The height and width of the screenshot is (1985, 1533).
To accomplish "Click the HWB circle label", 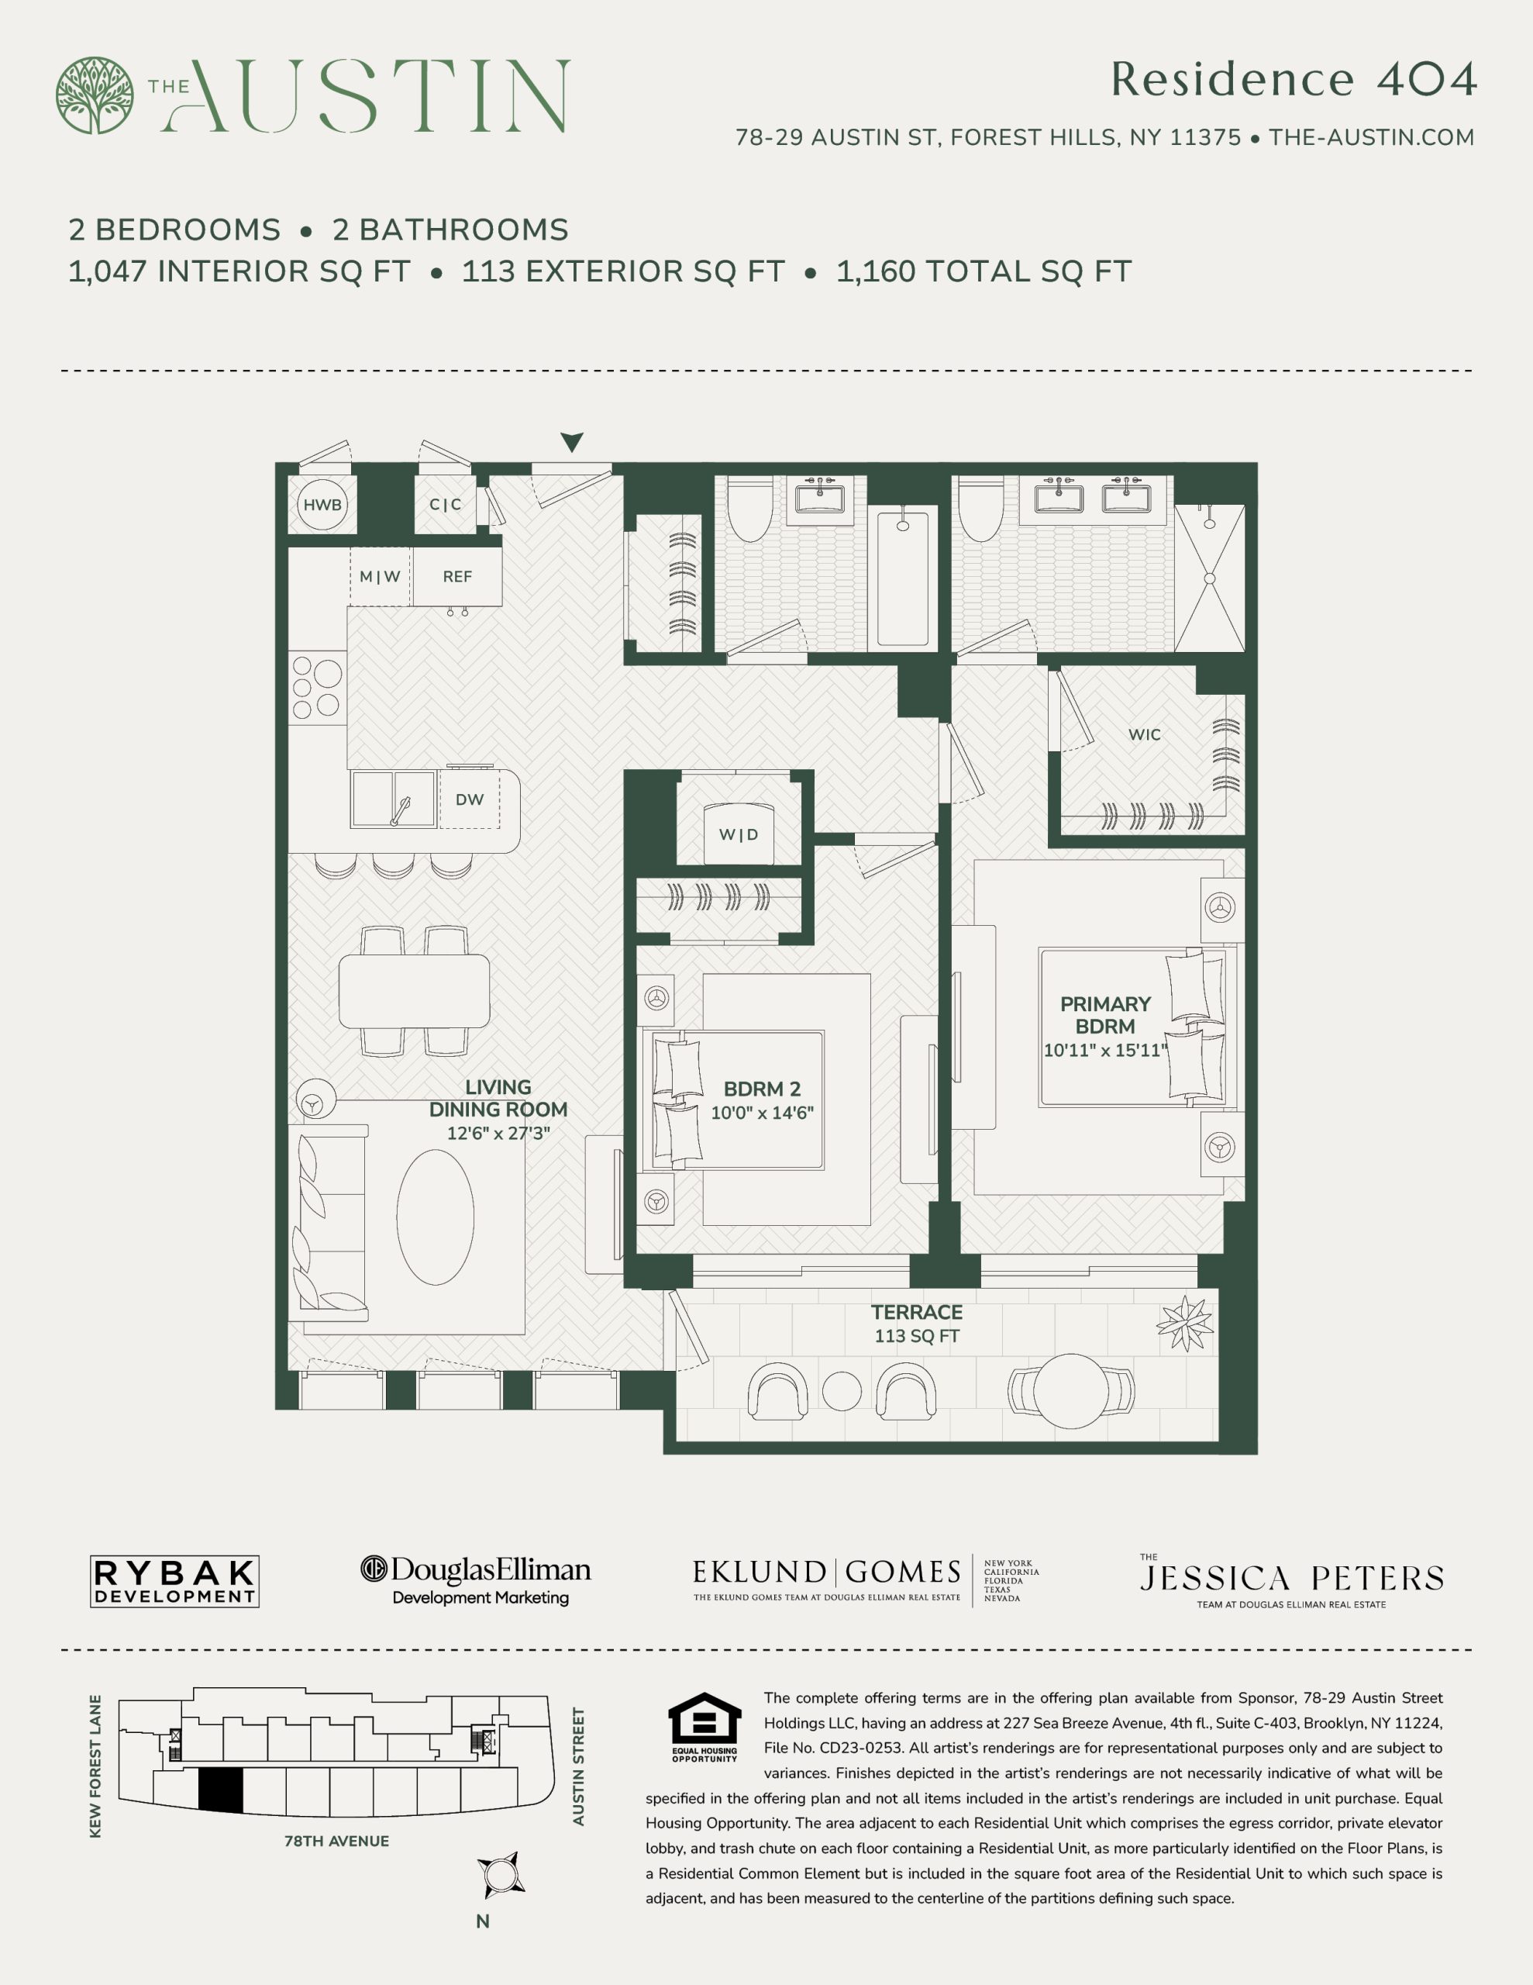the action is click(x=322, y=505).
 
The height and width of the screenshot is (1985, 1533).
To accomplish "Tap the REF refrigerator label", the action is click(x=457, y=576).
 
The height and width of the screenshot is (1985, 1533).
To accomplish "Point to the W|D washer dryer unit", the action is click(x=739, y=834).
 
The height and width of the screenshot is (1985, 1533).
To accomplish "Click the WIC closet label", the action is click(x=1144, y=734).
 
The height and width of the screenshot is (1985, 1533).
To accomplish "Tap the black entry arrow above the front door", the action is click(x=571, y=442).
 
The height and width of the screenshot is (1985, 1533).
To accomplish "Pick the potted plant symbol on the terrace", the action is click(x=1186, y=1324).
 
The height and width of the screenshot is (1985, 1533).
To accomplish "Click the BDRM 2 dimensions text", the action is click(x=762, y=1113).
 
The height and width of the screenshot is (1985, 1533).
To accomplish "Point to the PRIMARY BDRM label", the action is click(x=1105, y=1015).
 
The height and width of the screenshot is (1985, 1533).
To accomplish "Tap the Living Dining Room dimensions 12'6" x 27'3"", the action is click(x=498, y=1134).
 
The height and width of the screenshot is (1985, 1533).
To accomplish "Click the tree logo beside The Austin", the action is click(x=95, y=95).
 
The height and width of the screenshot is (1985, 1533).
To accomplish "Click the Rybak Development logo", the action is click(x=174, y=1582).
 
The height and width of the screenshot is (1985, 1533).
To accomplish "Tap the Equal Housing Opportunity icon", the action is click(x=704, y=1727).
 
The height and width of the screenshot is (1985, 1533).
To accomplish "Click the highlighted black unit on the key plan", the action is click(x=221, y=1791).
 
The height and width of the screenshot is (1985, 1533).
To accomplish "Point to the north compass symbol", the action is click(x=501, y=1875).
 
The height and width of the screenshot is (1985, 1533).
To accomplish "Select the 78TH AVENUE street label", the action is click(x=336, y=1842).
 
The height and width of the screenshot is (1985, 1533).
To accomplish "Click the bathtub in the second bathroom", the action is click(x=902, y=578).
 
